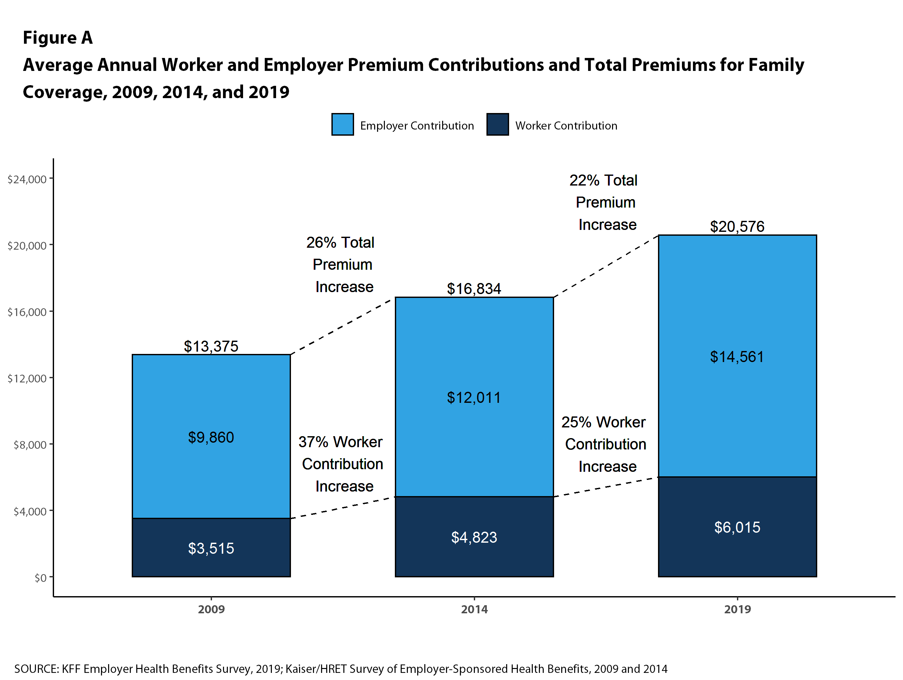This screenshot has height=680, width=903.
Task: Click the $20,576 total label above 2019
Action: point(737,227)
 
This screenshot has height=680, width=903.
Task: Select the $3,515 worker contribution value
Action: point(211,548)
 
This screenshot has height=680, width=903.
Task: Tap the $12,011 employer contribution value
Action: point(474,397)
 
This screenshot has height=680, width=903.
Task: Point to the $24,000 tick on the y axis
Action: point(27,179)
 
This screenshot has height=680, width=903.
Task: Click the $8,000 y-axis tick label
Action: point(30,445)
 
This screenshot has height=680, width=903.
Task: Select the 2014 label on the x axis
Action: point(474,609)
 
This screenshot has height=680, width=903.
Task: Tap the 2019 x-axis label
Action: point(737,609)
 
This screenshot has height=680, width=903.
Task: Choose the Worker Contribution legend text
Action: point(566,126)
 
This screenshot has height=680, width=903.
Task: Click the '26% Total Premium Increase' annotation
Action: point(341,265)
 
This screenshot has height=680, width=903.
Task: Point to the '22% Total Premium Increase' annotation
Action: point(605,203)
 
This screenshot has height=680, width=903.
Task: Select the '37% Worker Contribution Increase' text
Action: point(341,464)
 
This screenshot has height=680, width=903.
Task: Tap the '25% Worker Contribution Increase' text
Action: point(605,444)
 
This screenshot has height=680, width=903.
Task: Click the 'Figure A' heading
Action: point(58,38)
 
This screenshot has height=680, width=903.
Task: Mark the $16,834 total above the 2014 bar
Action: point(474,289)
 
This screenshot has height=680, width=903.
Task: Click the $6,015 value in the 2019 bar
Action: point(737,527)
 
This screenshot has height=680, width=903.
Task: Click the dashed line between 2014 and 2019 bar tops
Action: point(606,266)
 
